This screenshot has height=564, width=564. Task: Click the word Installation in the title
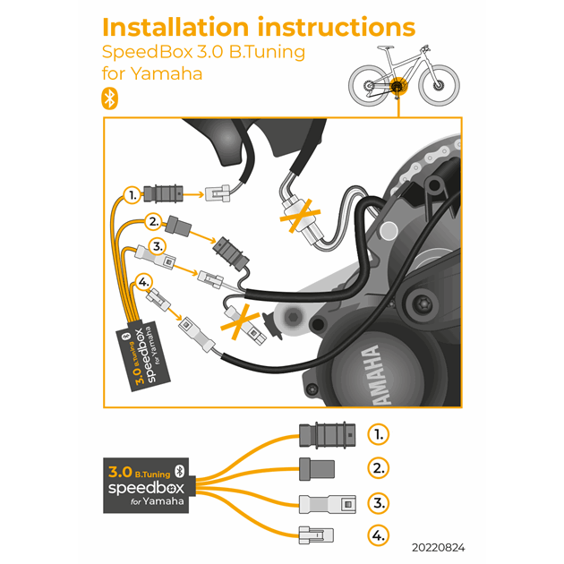coord(175,28)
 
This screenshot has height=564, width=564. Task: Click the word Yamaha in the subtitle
coord(167,73)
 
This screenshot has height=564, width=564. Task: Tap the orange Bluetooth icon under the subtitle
coord(110,98)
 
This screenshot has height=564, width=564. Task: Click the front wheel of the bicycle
coord(440,85)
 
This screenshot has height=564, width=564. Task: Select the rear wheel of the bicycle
coord(369,86)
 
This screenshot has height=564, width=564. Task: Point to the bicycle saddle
coord(385,47)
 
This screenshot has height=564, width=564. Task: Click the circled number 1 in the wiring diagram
coord(132,195)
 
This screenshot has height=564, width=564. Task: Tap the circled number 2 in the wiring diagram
coord(154,222)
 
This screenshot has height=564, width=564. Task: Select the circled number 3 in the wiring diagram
coord(158,247)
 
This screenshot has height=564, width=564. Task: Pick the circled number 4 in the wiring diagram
coord(143,282)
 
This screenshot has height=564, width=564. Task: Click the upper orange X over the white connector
coord(300,216)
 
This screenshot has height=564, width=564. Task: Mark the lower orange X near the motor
coord(240,322)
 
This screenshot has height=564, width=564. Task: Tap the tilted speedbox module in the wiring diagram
coord(143,355)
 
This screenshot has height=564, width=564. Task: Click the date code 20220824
coord(439,548)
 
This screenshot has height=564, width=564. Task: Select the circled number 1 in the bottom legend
coord(379,434)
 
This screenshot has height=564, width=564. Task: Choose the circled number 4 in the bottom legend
coord(379,535)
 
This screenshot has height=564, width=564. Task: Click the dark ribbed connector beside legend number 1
coord(328,435)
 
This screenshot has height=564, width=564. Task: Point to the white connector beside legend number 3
coord(328,504)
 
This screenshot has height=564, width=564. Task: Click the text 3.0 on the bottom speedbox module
coord(120,472)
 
